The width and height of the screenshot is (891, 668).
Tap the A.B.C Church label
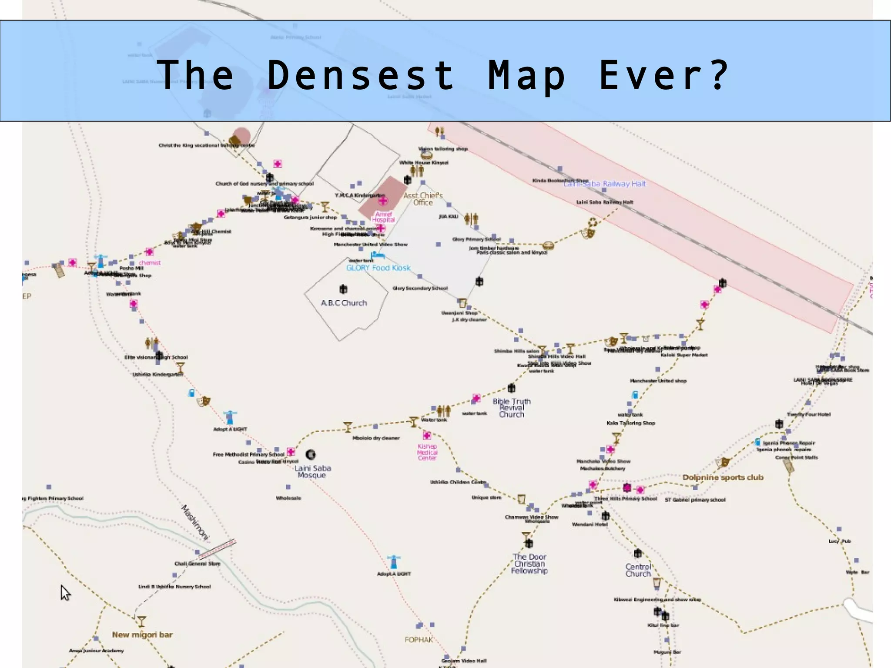tap(344, 303)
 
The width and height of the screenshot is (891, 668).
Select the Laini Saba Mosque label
tap(312, 471)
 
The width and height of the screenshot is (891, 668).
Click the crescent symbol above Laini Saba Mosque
tap(311, 455)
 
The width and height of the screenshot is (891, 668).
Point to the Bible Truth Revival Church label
tap(511, 408)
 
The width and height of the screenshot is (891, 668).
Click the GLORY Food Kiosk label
tap(378, 268)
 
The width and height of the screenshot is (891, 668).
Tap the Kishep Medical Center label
tap(427, 452)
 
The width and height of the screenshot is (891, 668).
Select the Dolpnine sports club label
tap(723, 477)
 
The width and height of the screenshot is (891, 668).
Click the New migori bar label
tap(142, 634)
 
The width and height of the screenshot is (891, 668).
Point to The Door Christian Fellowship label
tap(529, 564)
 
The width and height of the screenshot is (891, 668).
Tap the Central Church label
tap(638, 570)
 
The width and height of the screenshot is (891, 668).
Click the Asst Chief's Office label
tap(423, 199)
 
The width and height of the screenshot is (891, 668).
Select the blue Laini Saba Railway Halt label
tap(605, 184)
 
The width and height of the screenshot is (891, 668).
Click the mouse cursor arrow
tap(65, 593)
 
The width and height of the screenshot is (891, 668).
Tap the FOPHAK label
tap(419, 640)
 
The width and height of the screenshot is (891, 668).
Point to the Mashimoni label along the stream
tap(195, 523)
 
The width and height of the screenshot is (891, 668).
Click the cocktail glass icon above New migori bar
tap(141, 621)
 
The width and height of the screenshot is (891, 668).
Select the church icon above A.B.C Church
tap(343, 289)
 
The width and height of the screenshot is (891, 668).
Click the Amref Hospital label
tap(383, 217)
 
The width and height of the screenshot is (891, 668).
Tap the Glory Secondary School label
tap(420, 288)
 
